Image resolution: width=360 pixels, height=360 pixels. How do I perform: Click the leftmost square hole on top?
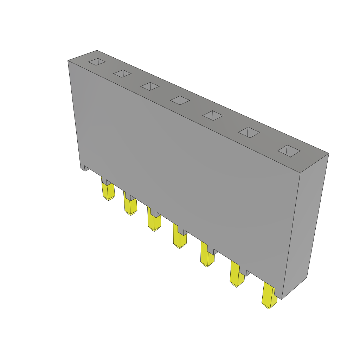(97, 62)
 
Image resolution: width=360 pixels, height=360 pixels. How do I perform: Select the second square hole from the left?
(122, 73)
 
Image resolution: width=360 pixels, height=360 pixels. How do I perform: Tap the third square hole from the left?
(150, 86)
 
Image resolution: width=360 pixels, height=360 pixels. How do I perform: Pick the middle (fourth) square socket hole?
(180, 100)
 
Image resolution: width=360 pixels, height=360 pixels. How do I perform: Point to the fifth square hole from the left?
(213, 115)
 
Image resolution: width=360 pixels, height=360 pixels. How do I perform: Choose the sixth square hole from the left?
(249, 132)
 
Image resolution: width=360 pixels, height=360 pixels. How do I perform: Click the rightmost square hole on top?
(289, 151)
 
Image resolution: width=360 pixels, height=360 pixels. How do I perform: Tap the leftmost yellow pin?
(108, 192)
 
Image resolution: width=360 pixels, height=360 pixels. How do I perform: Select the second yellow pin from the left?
(130, 206)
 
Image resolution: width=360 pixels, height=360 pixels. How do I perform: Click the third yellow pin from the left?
(154, 222)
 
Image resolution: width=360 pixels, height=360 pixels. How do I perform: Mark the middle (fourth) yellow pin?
(180, 239)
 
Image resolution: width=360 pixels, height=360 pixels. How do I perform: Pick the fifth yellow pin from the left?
(207, 257)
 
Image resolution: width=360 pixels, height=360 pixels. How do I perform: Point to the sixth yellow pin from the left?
(237, 277)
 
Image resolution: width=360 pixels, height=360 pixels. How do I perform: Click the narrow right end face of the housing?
(305, 225)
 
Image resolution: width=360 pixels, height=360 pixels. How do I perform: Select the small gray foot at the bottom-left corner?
(85, 168)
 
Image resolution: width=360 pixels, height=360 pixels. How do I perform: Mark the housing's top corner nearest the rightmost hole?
(328, 154)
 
